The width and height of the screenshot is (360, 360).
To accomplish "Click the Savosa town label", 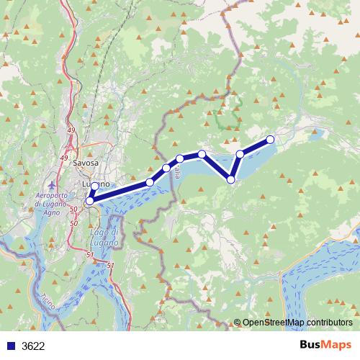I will point(86,163).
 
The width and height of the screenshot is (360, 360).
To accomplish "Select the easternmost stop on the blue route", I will point(271,139).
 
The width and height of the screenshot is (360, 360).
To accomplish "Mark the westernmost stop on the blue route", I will point(89,202).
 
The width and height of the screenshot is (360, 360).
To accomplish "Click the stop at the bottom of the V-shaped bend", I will point(231,179).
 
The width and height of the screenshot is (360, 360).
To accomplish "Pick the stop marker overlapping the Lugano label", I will point(95,186).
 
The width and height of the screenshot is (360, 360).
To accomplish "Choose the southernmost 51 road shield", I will point(110,266).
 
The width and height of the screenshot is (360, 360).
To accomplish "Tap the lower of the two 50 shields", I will point(74,224).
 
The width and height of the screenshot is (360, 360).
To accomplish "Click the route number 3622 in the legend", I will point(34,346).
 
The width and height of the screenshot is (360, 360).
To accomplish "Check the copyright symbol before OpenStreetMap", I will point(238,323).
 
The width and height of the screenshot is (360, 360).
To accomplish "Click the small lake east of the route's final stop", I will point(318,132).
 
